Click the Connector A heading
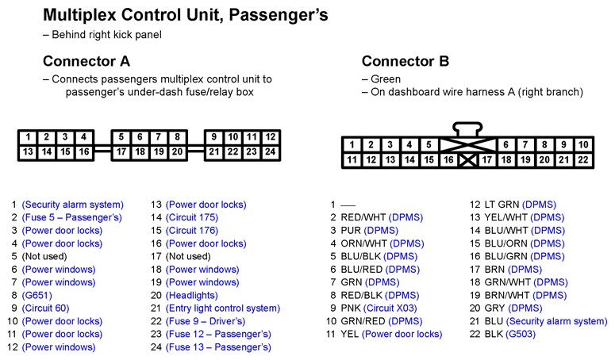[x=86, y=61]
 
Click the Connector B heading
[x=406, y=61]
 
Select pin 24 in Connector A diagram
[x=271, y=152]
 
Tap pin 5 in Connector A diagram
[x=121, y=137]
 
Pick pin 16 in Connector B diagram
[x=448, y=160]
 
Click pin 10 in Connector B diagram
[x=583, y=144]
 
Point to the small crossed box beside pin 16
[x=467, y=160]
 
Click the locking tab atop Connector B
[x=467, y=129]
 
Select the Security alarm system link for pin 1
[x=72, y=205]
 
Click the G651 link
[x=37, y=295]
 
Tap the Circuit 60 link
[x=45, y=308]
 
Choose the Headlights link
[x=192, y=295]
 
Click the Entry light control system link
[x=223, y=308]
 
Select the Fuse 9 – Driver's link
[x=206, y=321]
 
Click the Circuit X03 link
[x=390, y=308]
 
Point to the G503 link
[x=521, y=334]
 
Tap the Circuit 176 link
[x=192, y=230]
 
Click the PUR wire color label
[x=351, y=230]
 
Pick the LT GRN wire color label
[x=502, y=205]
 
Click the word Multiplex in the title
[x=79, y=15]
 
